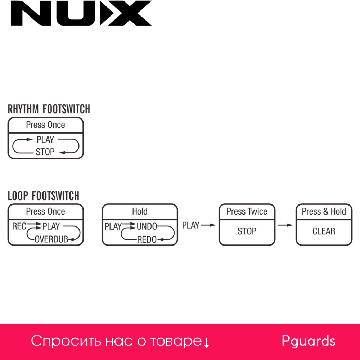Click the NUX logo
81,13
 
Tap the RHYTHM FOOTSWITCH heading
49,109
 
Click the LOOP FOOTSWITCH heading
44,196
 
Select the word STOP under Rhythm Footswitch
45,152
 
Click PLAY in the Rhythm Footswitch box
45,140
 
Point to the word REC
19,226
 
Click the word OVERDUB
51,239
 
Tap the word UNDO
147,227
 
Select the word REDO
147,239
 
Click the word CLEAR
324,231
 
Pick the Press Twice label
247,212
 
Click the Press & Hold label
324,212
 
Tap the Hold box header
140,212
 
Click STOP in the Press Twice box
247,231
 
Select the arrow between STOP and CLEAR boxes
285,225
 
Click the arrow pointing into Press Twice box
208,225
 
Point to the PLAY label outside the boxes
191,225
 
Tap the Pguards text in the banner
309,341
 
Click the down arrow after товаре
207,343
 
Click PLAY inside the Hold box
113,227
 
